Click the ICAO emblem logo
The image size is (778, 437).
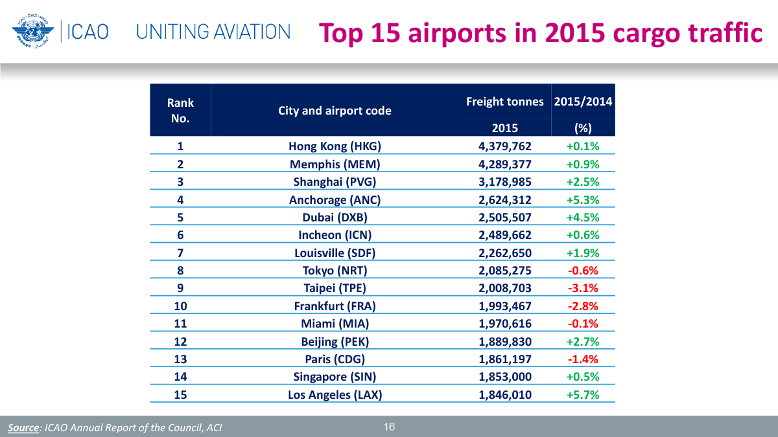point(30,30)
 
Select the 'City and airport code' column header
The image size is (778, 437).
point(335,111)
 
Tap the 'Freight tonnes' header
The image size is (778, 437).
point(505,102)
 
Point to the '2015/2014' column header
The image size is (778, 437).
point(583,102)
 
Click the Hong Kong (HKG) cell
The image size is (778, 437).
point(335,146)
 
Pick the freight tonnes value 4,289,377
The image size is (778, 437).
point(505,164)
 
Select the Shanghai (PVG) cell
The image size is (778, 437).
point(335,181)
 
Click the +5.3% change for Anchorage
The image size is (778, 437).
point(583,199)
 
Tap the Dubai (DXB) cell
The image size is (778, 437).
point(335,217)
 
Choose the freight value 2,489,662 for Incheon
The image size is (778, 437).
point(505,235)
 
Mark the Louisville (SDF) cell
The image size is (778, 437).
point(335,252)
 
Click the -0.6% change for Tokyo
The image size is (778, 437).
point(583,270)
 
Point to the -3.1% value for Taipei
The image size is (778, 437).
point(583,288)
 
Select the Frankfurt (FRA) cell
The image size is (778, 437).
point(335,306)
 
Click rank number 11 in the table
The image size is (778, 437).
point(180,324)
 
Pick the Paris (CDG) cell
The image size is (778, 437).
point(335,359)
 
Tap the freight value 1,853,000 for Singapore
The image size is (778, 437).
point(505,377)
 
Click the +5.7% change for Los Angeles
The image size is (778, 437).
point(583,394)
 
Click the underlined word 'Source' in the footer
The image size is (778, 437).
point(23,428)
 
